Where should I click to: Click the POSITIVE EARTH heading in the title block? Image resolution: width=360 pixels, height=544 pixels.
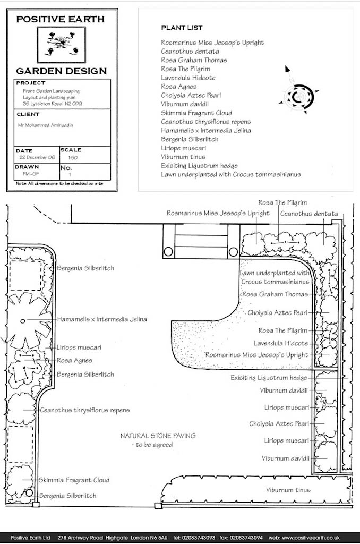(61, 20)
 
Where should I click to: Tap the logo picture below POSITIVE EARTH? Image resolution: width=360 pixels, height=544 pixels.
(62, 45)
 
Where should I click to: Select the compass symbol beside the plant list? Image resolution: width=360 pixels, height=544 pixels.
(298, 92)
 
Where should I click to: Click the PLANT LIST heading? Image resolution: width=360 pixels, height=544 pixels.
(182, 28)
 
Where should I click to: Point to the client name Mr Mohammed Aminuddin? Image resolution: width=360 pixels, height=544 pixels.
(46, 125)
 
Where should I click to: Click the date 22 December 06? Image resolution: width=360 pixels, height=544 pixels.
(37, 157)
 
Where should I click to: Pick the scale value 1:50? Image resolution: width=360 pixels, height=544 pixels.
(73, 158)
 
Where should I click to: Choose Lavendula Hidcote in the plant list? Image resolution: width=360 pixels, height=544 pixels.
(188, 78)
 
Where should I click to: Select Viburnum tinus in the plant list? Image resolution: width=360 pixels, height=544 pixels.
(183, 157)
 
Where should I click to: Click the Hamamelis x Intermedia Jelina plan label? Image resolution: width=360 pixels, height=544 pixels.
(102, 319)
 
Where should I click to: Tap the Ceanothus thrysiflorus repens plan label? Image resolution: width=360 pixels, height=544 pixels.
(84, 410)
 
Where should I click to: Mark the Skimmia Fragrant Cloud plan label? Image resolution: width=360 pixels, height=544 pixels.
(74, 480)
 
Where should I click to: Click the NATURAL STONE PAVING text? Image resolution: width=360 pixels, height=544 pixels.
(158, 436)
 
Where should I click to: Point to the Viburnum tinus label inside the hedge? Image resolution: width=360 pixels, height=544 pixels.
(288, 490)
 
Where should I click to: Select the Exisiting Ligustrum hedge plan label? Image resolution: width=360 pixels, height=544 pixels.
(269, 378)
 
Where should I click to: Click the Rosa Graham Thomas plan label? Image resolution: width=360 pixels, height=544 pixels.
(275, 294)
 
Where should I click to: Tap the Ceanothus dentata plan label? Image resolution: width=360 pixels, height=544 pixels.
(309, 214)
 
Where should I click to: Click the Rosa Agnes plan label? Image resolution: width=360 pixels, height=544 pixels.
(74, 361)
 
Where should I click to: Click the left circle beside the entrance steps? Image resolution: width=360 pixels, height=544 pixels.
(168, 251)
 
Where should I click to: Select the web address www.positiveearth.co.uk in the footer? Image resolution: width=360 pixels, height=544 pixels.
(311, 538)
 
